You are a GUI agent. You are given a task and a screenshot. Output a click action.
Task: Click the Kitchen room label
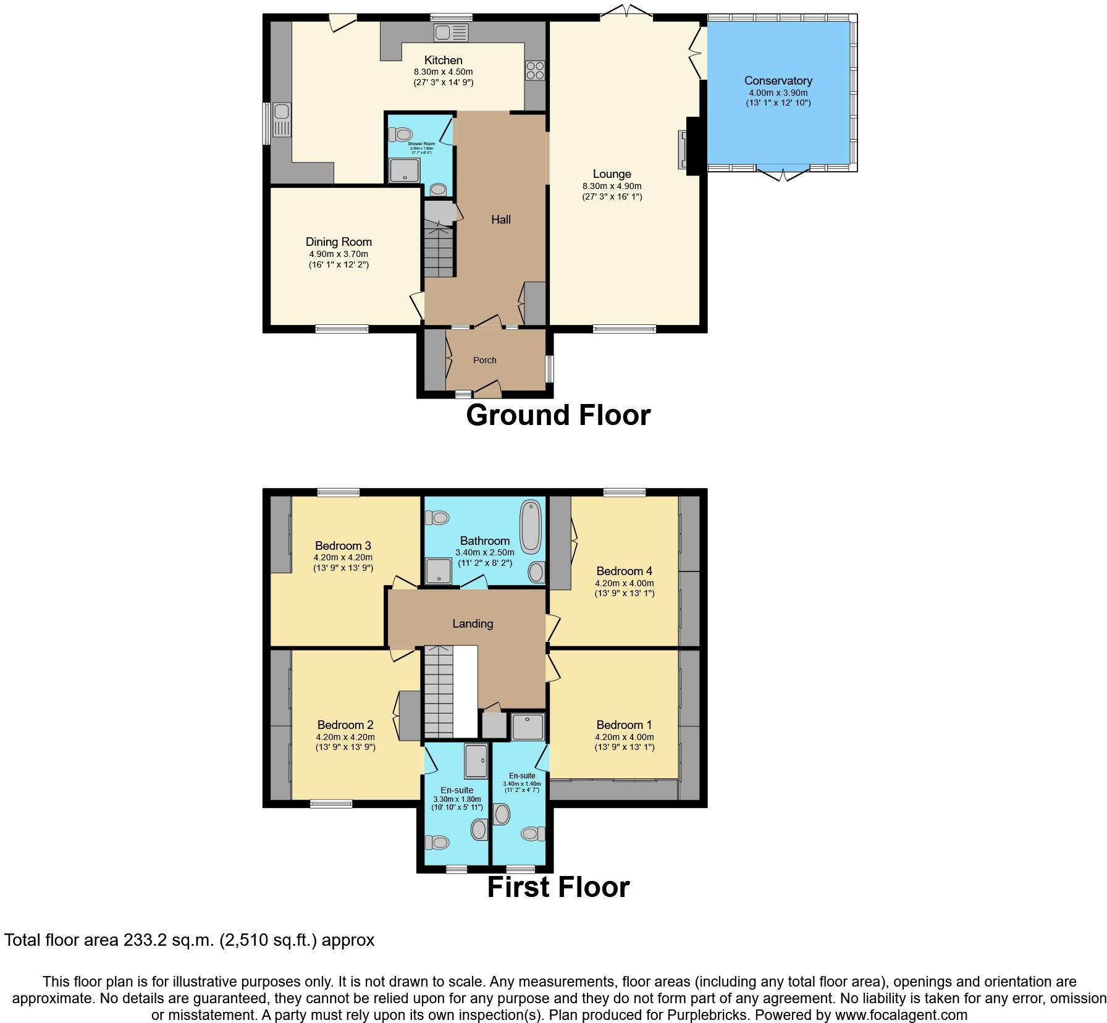click(443, 60)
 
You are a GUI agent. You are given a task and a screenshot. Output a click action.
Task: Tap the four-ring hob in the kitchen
click(535, 71)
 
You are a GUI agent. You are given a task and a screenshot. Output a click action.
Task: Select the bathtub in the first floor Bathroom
click(530, 527)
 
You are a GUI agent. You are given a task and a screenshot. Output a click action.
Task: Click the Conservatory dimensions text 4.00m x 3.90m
click(778, 93)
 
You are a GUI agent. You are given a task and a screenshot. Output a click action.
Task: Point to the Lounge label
click(612, 174)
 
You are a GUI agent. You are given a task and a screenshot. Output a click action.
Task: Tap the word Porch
click(484, 360)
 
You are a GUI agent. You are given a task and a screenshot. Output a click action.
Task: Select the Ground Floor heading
click(558, 415)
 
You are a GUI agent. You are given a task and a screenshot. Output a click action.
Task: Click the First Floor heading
click(558, 887)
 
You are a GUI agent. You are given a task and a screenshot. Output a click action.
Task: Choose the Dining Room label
click(339, 242)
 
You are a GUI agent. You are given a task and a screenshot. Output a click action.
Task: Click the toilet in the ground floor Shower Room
click(402, 133)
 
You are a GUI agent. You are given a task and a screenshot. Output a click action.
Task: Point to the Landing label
click(473, 623)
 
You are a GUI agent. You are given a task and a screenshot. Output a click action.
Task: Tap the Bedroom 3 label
click(343, 545)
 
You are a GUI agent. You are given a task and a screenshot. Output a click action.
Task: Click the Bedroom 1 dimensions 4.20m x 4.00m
click(624, 737)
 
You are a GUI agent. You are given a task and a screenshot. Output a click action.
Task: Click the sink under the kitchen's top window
click(451, 33)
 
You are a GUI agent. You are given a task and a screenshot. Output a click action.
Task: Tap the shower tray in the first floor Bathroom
click(439, 571)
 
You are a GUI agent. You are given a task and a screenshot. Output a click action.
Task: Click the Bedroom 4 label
click(624, 571)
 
